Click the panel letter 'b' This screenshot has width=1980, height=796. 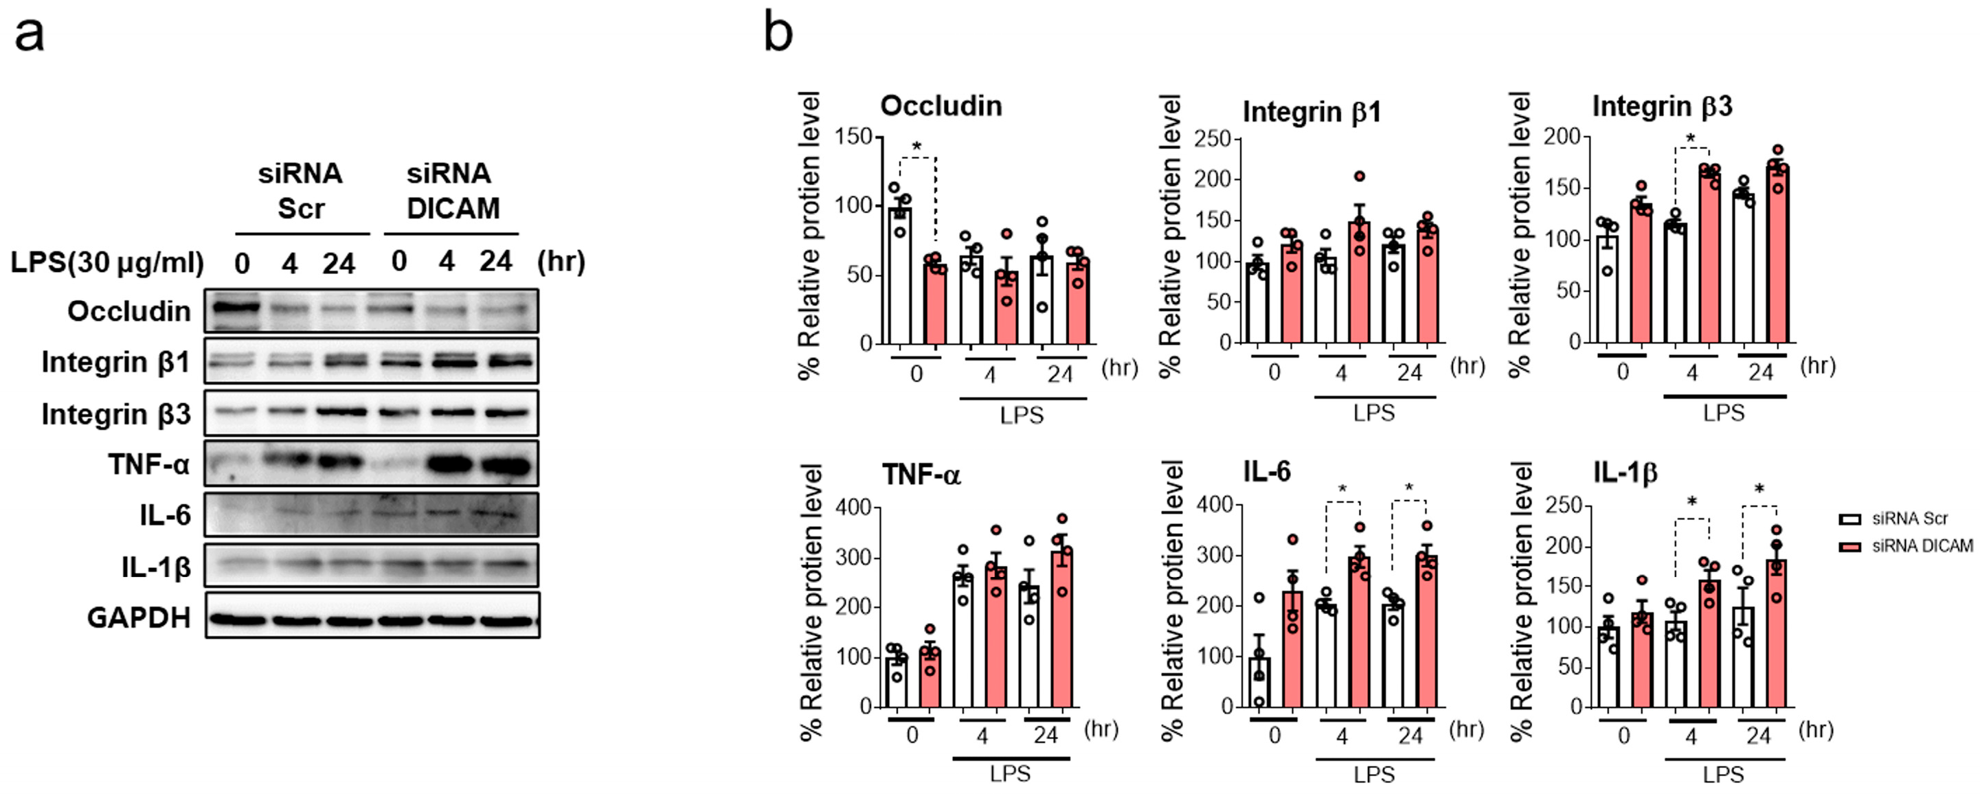coord(778,34)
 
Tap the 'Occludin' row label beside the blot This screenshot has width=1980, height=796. coord(128,311)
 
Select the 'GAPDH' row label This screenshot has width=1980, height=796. coord(138,617)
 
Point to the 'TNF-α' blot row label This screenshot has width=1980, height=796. coord(148,464)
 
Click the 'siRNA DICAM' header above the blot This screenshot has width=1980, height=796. coord(452,190)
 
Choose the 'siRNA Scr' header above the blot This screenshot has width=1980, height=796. coord(300,190)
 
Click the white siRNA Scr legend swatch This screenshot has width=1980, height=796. coord(1849,519)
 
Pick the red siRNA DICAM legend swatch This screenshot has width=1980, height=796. coord(1849,546)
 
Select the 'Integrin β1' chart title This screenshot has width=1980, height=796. coord(1312,112)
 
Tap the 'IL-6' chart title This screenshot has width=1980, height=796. coord(1267,471)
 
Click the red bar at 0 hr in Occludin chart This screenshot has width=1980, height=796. coord(934,304)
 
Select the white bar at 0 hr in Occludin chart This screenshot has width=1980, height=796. coord(899,277)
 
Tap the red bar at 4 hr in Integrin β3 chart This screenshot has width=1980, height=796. coord(1710,258)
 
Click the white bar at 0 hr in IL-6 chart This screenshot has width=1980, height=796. coord(1259,682)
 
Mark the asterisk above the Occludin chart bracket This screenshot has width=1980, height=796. coord(916,146)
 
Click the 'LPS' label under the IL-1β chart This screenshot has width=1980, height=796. coord(1723,775)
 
